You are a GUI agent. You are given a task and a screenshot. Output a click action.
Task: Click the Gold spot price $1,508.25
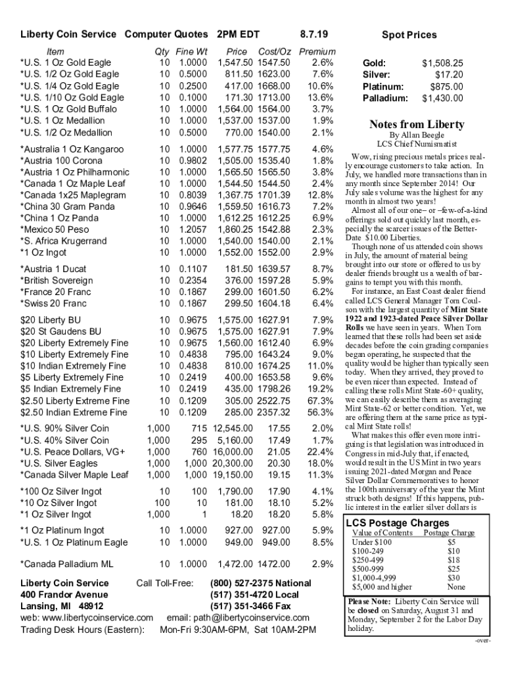tap(442, 63)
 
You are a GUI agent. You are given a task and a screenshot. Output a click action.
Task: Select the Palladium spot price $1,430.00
tap(442, 99)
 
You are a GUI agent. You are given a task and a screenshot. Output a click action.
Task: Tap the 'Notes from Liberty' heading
tap(417, 125)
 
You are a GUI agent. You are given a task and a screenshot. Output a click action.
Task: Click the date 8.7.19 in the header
tap(313, 34)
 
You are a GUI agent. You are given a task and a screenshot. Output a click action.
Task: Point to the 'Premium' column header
tap(317, 51)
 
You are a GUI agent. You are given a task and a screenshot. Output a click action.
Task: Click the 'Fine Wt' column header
tap(192, 51)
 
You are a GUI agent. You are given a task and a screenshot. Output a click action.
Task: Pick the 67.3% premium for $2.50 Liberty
tap(321, 401)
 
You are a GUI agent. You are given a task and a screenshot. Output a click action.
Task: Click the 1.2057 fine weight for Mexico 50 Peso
tap(193, 229)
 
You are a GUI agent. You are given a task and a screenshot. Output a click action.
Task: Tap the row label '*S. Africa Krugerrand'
tap(64, 241)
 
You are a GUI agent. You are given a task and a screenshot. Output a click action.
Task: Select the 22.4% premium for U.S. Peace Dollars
tap(321, 452)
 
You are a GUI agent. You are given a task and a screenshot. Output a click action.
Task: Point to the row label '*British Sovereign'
tap(57, 280)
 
